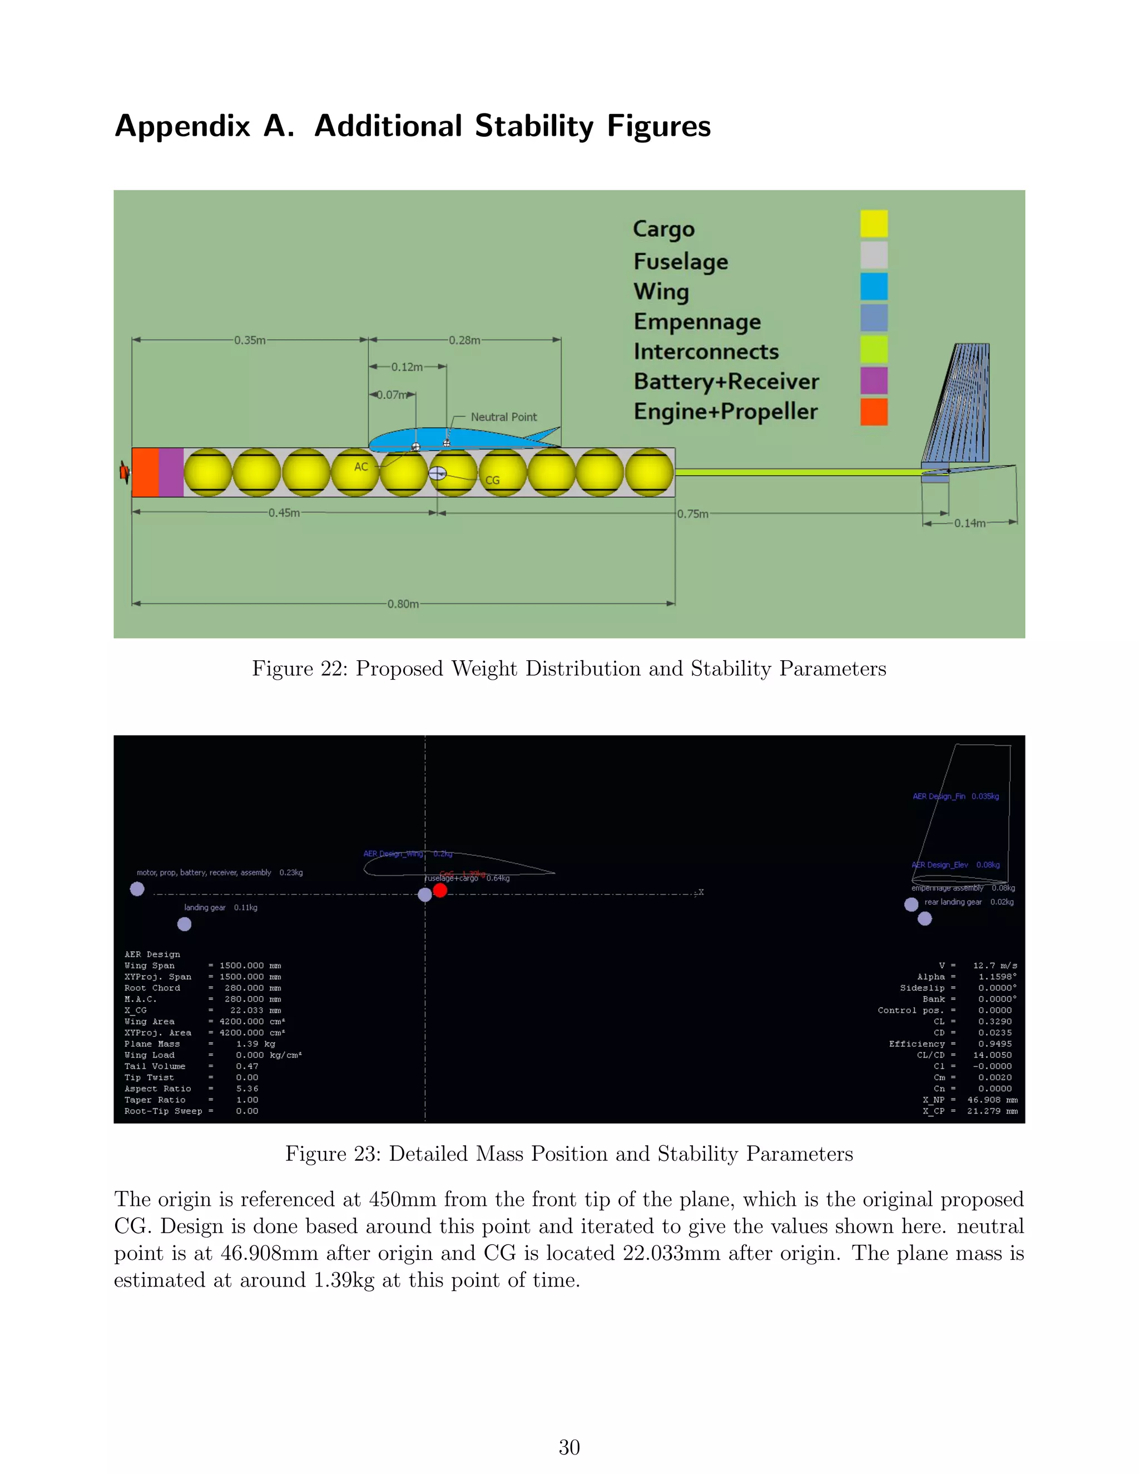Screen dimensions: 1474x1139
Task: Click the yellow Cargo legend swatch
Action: [x=873, y=224]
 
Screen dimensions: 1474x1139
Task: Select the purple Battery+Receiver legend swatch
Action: [x=873, y=380]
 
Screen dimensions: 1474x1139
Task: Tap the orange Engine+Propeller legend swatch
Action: [x=873, y=412]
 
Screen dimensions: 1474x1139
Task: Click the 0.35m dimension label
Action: [x=250, y=340]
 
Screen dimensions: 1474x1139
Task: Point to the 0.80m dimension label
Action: [x=403, y=604]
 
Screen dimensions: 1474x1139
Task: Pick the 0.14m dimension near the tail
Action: [x=969, y=523]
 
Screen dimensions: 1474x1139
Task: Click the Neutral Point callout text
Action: [x=503, y=417]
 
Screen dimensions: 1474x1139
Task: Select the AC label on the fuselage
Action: [x=361, y=466]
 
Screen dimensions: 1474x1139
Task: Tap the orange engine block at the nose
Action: [x=145, y=472]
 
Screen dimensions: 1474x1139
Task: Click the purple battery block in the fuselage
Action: [x=171, y=472]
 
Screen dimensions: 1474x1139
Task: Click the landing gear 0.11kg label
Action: [x=221, y=908]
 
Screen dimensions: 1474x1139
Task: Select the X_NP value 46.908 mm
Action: [x=992, y=1100]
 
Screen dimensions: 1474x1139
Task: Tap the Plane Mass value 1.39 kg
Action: [x=255, y=1044]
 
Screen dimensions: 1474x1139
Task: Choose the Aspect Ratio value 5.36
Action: [x=247, y=1089]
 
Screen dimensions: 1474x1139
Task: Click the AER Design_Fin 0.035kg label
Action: [x=955, y=797]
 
